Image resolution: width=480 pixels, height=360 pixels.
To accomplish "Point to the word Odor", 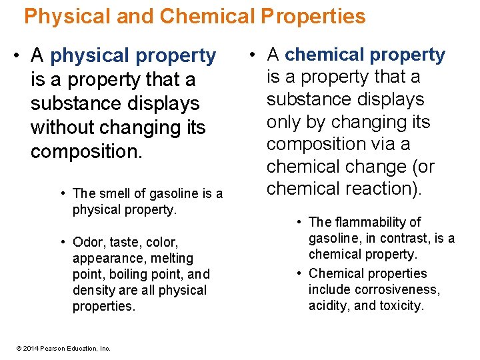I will [88, 242].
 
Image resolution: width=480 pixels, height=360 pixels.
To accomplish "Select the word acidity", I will [330, 305].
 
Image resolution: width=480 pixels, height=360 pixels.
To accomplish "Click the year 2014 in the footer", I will [29, 348].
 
